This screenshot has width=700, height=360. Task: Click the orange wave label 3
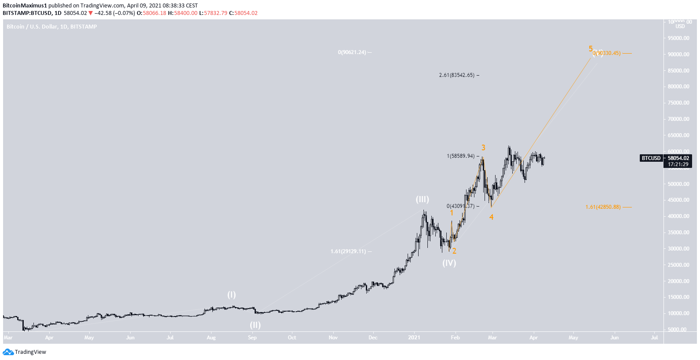[x=483, y=148]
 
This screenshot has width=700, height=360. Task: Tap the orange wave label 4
[x=491, y=217]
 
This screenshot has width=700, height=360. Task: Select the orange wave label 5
[x=591, y=49]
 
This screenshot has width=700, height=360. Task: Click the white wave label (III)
[x=422, y=200]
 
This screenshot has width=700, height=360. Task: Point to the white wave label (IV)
[x=449, y=263]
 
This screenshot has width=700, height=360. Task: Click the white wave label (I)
[x=231, y=295]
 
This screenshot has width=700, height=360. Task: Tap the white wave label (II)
[x=255, y=325]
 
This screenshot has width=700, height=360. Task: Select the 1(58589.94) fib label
[x=460, y=156]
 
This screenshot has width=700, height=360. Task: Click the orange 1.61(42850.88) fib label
[x=603, y=207]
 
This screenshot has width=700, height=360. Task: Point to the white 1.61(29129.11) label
[x=348, y=251]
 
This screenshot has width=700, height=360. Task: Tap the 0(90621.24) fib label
[x=352, y=52]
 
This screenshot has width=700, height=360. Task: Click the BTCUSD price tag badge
[x=651, y=158]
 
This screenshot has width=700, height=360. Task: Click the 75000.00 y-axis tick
[x=678, y=103]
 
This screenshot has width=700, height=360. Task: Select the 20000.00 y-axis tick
[x=678, y=281]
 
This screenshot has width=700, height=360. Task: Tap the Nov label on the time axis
[x=333, y=338]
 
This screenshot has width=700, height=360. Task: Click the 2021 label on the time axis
[x=414, y=338]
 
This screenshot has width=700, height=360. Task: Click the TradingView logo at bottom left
[x=25, y=352]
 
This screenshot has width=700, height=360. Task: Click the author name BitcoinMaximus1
[x=25, y=6]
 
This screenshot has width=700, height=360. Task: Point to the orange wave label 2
[x=454, y=251]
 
